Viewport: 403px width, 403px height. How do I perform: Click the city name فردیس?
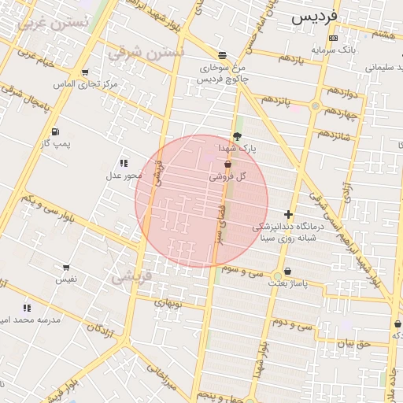click(314, 16)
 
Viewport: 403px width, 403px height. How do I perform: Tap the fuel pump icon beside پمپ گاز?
click(54, 131)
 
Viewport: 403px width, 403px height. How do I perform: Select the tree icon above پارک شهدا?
click(237, 135)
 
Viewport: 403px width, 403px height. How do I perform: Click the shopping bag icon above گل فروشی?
click(227, 165)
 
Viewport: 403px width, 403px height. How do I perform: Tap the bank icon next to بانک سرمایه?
click(333, 38)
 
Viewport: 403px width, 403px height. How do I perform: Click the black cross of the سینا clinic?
click(289, 213)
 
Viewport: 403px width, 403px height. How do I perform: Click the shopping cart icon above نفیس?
click(65, 268)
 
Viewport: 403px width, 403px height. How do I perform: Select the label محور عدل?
click(123, 175)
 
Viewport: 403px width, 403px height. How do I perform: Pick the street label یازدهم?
click(289, 59)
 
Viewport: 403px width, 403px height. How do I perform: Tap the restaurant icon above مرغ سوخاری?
click(223, 55)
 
